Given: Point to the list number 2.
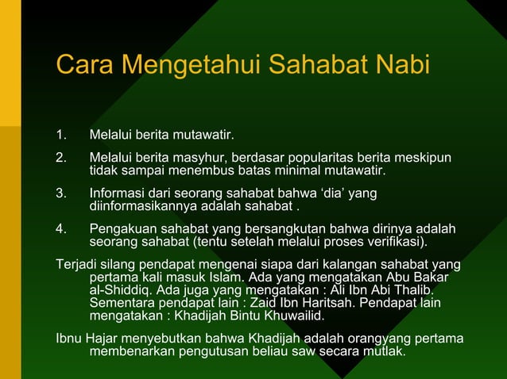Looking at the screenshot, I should [x=61, y=158].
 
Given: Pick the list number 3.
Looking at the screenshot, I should [x=61, y=193].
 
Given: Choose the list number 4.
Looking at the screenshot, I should [x=61, y=229].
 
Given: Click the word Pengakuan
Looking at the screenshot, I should [x=121, y=229].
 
